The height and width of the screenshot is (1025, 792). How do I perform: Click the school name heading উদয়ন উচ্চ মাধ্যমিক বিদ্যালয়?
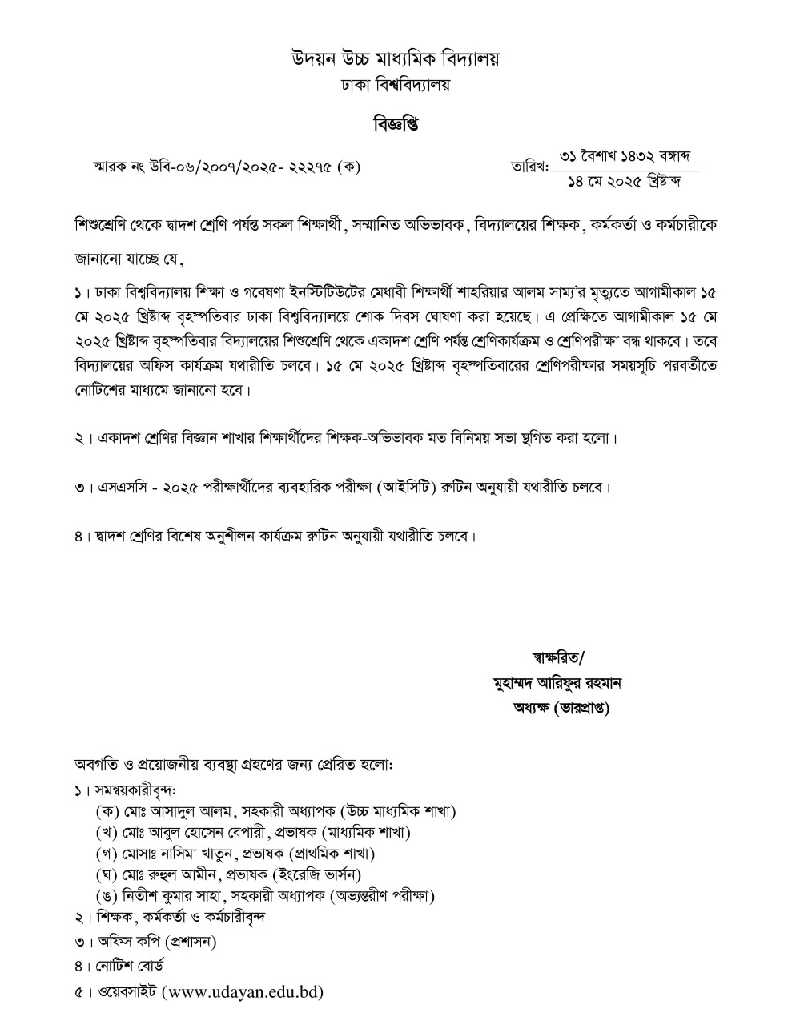(x=395, y=59)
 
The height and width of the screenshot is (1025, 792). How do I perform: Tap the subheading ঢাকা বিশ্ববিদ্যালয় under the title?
(x=395, y=85)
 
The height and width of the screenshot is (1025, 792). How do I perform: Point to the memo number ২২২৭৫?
(x=308, y=167)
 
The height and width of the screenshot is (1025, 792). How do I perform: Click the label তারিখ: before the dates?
(x=529, y=167)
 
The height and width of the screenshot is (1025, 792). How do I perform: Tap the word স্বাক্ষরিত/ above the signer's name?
(x=558, y=658)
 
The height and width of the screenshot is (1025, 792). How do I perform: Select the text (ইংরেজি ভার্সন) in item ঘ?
(x=317, y=874)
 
